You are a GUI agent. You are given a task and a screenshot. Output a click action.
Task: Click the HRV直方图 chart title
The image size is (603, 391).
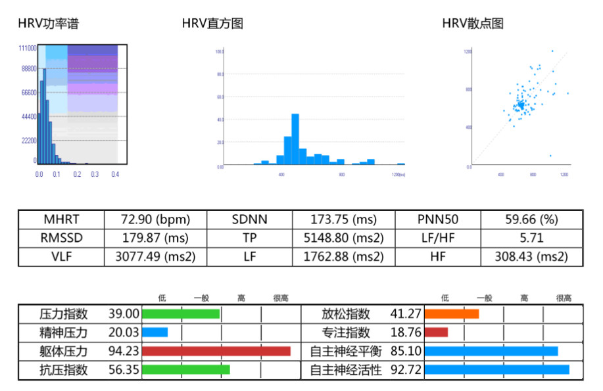tap(212, 24)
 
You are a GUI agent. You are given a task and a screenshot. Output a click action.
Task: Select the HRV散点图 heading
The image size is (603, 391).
tap(473, 24)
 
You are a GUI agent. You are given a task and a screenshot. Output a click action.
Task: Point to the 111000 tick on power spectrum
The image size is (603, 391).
tap(27, 49)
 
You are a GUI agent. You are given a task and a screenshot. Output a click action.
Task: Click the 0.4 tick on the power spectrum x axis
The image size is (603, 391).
tap(116, 174)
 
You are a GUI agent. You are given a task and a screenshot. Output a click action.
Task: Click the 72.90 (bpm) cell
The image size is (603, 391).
tap(155, 219)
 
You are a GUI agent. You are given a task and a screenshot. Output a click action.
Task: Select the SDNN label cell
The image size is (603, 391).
tap(249, 219)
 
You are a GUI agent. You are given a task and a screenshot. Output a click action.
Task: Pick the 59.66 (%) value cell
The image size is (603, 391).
tap(531, 219)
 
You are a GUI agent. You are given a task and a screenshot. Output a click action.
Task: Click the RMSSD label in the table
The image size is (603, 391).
tap(61, 238)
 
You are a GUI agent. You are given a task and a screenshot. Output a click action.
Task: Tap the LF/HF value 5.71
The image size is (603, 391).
tap(531, 238)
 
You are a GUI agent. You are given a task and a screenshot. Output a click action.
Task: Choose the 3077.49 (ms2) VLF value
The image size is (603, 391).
tap(155, 257)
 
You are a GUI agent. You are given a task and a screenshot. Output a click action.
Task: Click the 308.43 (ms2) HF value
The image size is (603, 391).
tap(531, 257)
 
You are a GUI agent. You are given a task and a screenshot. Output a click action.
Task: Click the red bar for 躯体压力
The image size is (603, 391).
tap(216, 352)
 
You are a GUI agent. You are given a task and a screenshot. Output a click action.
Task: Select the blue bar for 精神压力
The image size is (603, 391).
tap(155, 333)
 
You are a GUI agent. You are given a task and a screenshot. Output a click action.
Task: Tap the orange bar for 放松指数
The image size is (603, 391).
tap(452, 314)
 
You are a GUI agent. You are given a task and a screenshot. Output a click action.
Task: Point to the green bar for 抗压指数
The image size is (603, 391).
tap(185, 370)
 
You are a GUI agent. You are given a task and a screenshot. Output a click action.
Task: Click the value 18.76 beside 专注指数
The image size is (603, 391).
tap(406, 333)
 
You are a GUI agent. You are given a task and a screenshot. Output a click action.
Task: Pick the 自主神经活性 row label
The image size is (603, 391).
tap(346, 370)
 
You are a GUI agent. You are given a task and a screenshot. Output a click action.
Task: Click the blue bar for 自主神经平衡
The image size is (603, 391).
tap(491, 352)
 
